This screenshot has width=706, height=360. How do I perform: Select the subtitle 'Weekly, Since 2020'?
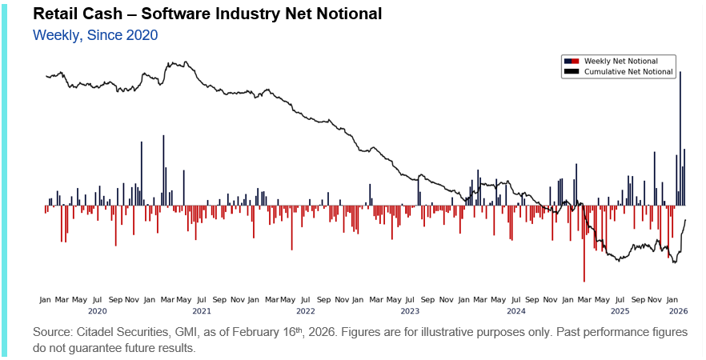pos(94,34)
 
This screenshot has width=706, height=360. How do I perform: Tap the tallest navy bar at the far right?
pos(680,136)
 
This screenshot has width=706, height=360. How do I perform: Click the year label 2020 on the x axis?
pos(97,310)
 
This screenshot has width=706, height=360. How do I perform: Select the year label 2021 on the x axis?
pos(202,310)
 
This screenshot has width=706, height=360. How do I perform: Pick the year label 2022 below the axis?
pos(306,310)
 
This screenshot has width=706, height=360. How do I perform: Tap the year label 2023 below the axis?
pos(410,310)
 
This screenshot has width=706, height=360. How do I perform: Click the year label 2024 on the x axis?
pos(515,310)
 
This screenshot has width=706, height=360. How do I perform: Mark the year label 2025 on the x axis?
pos(620,310)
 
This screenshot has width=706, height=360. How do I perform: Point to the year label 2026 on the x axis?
pos(678,310)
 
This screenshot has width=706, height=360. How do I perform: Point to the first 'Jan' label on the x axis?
pos(46,299)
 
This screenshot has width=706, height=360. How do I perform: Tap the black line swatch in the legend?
pos(572,72)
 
